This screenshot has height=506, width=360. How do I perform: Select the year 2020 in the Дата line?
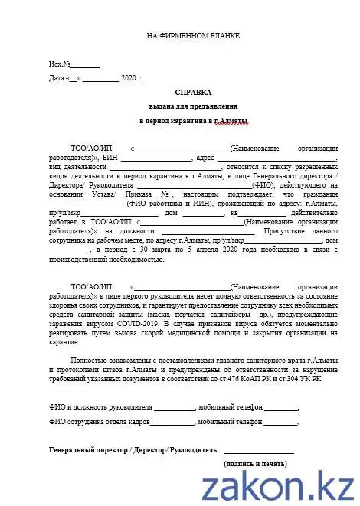[132, 77]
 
